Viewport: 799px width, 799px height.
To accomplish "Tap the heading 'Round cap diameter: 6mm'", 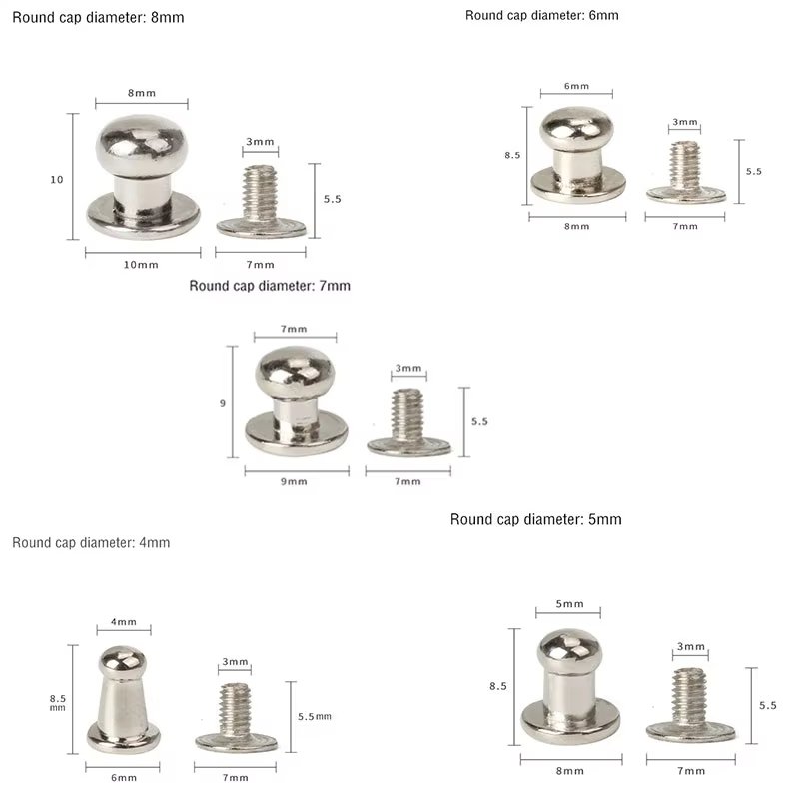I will pos(542,15).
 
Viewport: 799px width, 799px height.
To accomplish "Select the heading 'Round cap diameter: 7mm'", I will pos(270,286).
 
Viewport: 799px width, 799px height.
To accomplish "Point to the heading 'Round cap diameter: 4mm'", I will pos(91,543).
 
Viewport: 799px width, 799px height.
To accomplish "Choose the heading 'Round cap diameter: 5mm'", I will pos(536,519).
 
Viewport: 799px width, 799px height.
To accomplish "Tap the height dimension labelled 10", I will pos(56,180).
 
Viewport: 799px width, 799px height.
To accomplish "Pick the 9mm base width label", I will pos(294,481).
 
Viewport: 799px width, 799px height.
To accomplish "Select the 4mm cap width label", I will pos(124,622).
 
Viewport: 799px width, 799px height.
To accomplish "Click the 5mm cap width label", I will pos(567,604).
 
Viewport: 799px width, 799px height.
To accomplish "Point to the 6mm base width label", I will pos(124,777).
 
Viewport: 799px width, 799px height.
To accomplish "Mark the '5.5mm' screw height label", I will pos(314,717).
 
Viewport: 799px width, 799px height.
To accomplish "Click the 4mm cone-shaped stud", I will pos(124,699).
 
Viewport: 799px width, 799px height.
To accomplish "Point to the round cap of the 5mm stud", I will pos(567,650).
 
